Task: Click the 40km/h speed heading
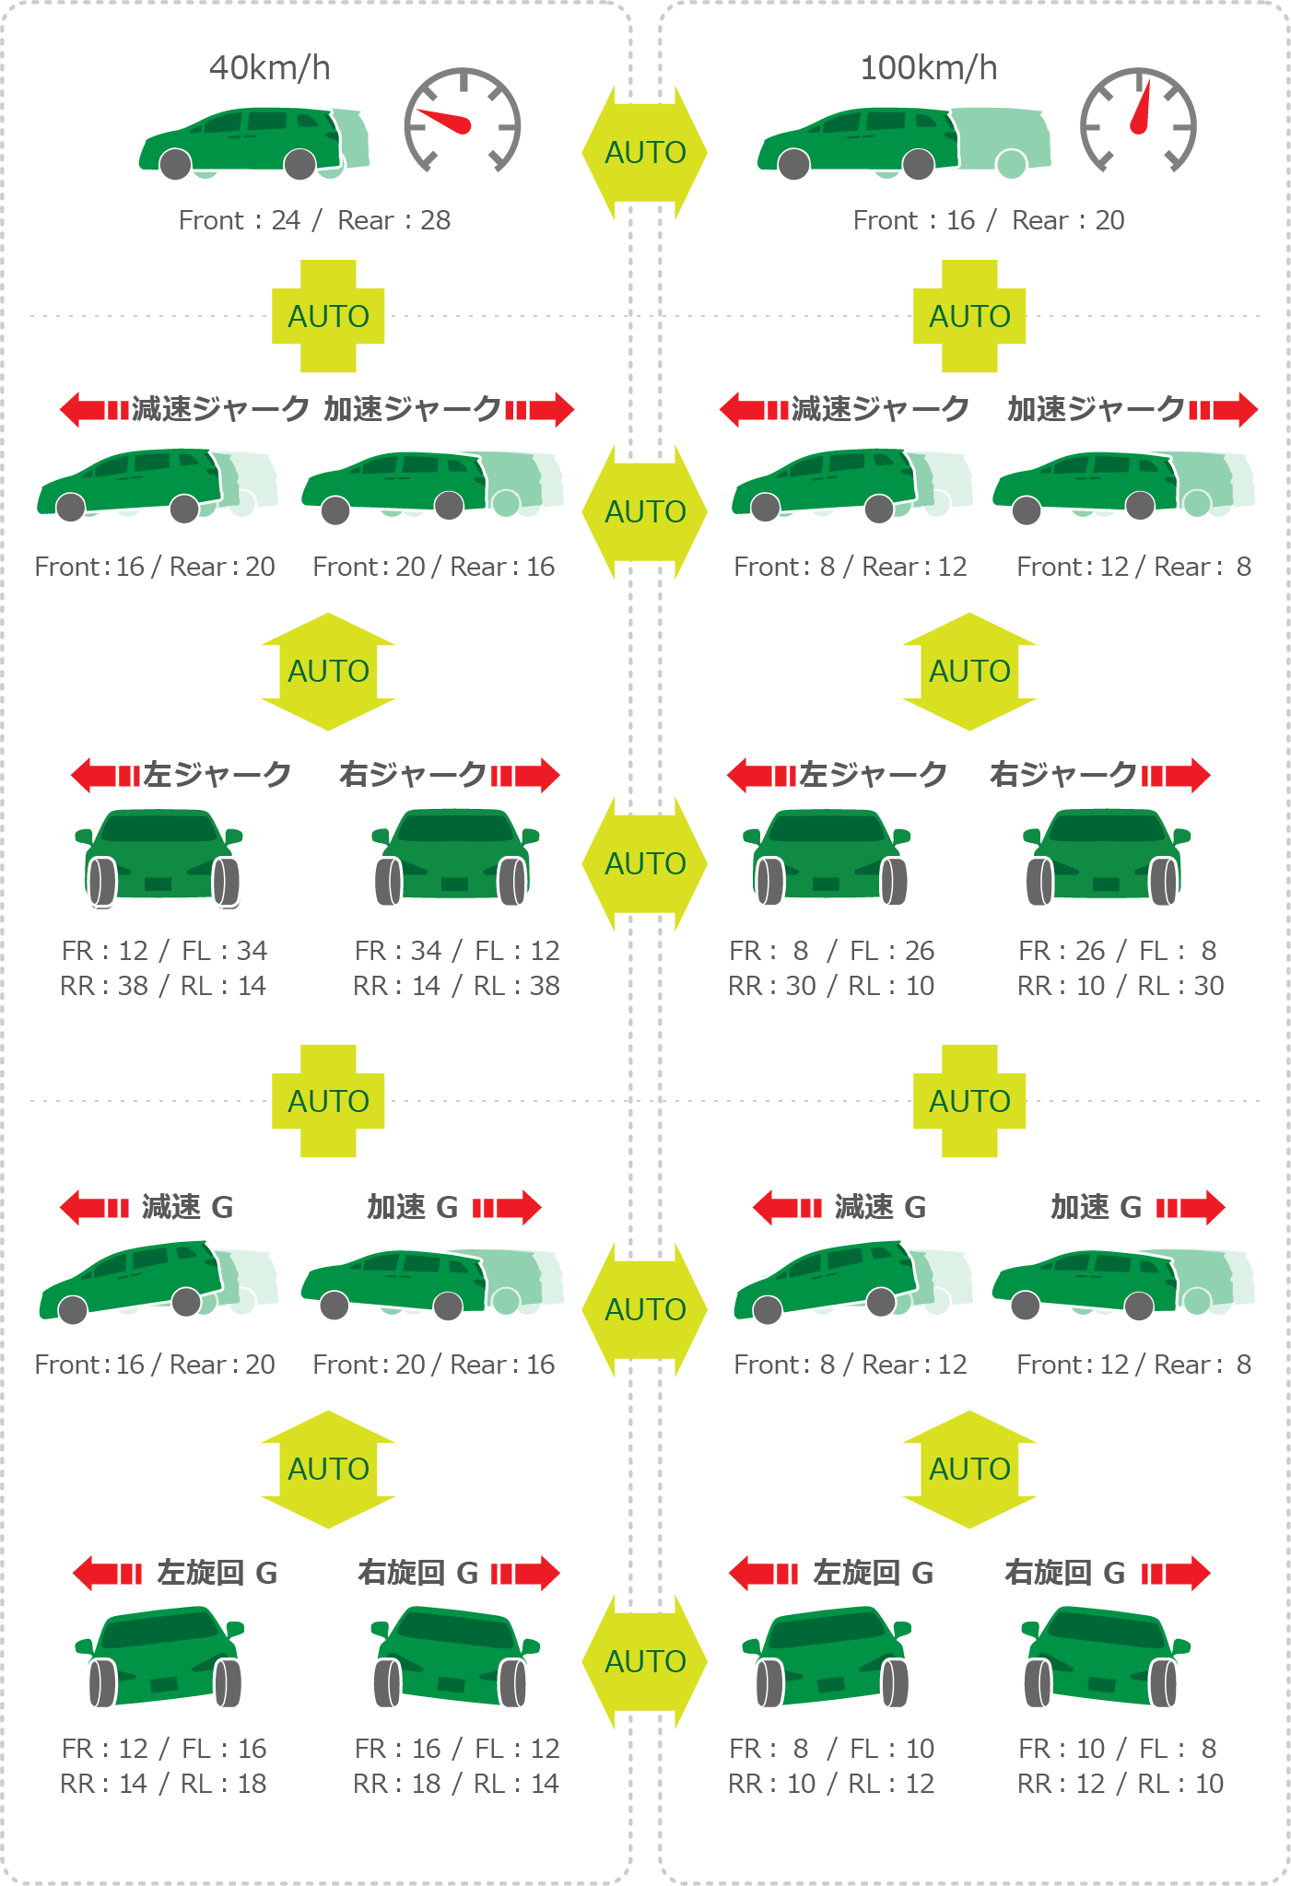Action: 269,68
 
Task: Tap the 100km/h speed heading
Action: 928,68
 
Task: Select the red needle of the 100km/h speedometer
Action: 1141,109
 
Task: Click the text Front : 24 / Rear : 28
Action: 314,220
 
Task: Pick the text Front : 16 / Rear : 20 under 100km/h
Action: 989,220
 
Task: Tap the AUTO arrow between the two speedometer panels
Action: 645,152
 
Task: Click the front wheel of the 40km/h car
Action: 176,164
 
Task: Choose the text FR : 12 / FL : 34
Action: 164,950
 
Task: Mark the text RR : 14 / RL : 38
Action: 456,986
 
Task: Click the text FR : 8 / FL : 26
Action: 831,950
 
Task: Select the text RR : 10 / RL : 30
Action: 1121,986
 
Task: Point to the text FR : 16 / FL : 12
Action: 456,1748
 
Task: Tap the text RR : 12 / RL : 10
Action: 1121,1784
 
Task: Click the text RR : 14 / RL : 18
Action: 163,1784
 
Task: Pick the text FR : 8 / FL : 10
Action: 831,1748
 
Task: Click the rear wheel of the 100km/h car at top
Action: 918,164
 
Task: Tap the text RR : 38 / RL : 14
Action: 163,986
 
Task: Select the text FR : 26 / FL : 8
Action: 1117,950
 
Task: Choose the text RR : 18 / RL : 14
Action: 456,1784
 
